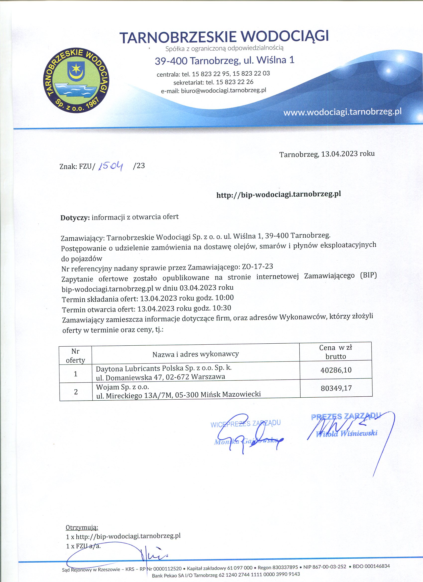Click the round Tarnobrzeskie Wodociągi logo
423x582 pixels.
click(x=76, y=81)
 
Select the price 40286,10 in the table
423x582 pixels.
click(x=336, y=370)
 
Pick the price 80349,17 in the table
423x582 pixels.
click(x=336, y=388)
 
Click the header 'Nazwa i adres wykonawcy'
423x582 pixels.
click(x=196, y=354)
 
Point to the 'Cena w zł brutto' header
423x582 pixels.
click(x=335, y=352)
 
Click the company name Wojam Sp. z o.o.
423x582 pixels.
click(x=122, y=386)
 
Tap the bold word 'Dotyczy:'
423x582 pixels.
click(x=75, y=218)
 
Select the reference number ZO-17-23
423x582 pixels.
click(x=257, y=267)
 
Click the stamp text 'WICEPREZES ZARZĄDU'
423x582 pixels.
click(x=245, y=423)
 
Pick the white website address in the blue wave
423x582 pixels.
click(x=342, y=112)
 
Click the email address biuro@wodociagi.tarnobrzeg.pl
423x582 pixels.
click(x=223, y=91)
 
